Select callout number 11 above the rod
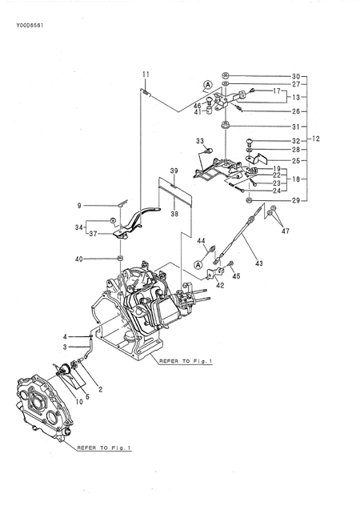point(146,74)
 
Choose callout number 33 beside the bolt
point(200,141)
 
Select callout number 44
point(202,239)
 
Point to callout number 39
point(173,171)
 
